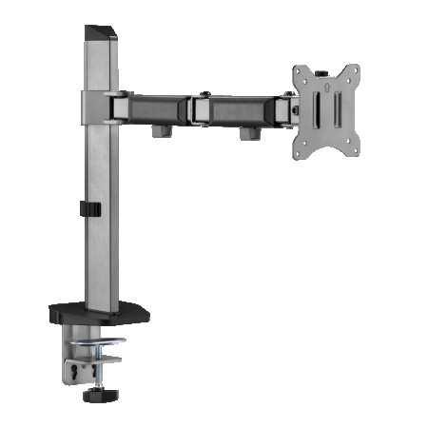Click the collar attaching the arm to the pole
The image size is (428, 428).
point(98,104)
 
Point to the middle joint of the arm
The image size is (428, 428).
point(202,107)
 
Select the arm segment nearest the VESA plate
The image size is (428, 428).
point(243,108)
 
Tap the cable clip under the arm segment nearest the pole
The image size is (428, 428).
point(162,129)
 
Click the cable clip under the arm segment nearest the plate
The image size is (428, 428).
point(249,132)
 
